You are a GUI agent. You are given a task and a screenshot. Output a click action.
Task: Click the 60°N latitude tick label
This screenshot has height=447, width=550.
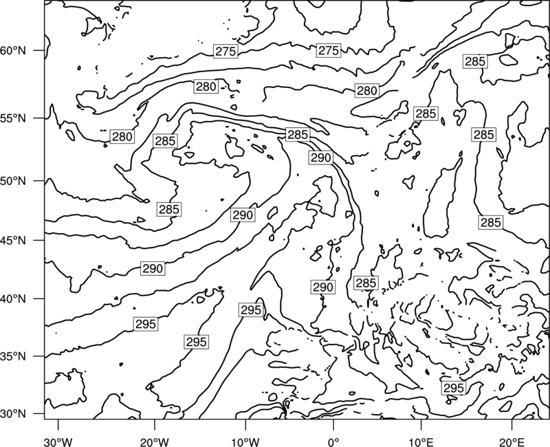point(13,51)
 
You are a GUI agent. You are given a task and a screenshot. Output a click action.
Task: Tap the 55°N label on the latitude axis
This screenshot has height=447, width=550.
point(13,118)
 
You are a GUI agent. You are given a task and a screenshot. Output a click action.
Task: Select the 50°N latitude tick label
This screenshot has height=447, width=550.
point(13,181)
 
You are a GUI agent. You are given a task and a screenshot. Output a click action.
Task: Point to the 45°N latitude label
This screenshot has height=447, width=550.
point(13,240)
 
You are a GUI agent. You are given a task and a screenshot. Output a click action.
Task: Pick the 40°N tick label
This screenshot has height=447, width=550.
point(13,299)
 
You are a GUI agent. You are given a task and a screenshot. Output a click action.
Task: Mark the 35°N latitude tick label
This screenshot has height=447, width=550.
point(13,356)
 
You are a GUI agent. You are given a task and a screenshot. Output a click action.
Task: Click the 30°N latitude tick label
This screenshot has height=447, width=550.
point(13,414)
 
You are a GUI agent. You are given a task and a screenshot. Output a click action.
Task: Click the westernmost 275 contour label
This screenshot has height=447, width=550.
point(225,51)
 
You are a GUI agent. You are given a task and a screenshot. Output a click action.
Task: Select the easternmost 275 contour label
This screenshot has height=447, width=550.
point(329,50)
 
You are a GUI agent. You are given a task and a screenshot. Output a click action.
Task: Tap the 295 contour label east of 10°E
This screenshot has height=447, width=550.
point(454,388)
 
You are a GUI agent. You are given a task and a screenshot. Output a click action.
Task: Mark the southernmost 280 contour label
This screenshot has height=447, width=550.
point(122,136)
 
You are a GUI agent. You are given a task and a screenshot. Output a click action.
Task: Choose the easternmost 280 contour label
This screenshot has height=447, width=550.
point(367,91)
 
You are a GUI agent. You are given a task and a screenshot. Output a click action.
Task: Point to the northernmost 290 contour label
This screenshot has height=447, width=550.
point(321,157)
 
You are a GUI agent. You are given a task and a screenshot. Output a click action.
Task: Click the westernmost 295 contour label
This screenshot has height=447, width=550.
point(146,324)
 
